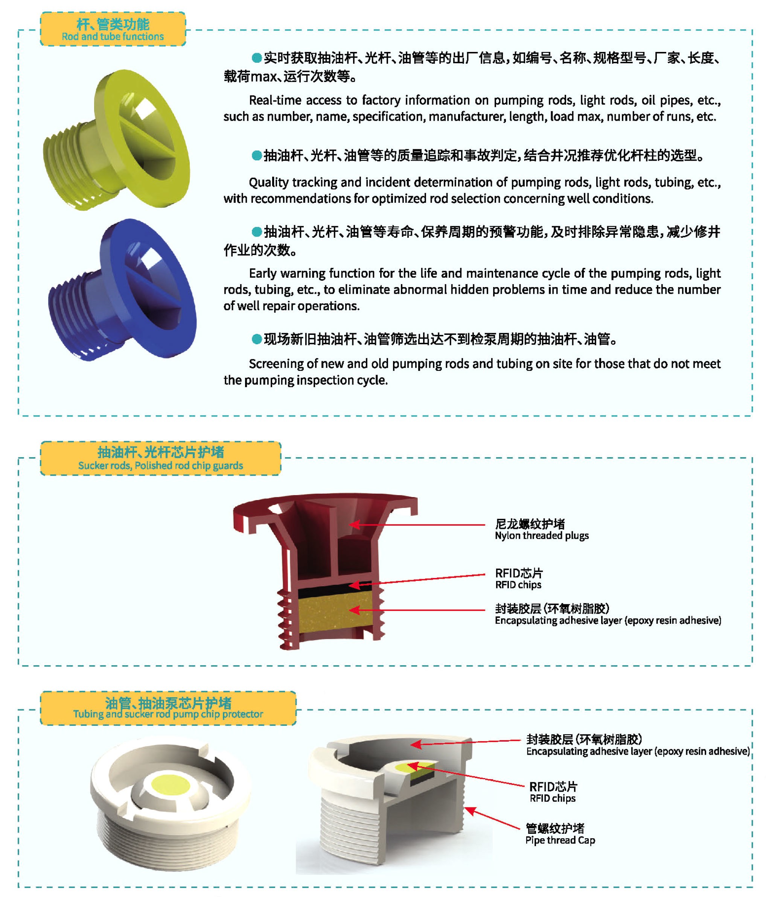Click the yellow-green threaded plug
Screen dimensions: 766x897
click(x=117, y=141)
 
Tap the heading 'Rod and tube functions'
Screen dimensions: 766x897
click(x=113, y=36)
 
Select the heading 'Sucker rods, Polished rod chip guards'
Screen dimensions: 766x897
click(x=160, y=465)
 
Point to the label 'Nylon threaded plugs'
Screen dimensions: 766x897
click(x=542, y=535)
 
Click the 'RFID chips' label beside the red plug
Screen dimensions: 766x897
click(x=518, y=585)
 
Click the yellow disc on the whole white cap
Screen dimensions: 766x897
click(x=170, y=784)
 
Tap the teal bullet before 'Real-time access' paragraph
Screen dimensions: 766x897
click(x=256, y=57)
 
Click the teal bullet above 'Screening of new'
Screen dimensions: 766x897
click(x=256, y=339)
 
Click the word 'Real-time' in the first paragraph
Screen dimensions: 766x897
click(x=275, y=100)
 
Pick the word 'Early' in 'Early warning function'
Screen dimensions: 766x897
click(x=262, y=274)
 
